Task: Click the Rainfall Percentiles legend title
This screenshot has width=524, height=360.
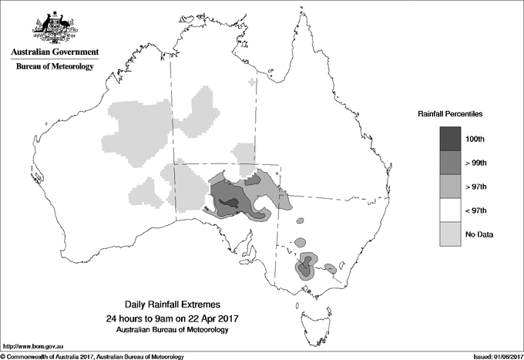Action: (450, 113)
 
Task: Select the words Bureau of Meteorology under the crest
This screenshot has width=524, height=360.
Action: (55, 67)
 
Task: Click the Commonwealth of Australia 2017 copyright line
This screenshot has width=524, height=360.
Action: (92, 355)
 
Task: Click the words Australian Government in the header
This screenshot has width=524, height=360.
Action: (55, 52)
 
